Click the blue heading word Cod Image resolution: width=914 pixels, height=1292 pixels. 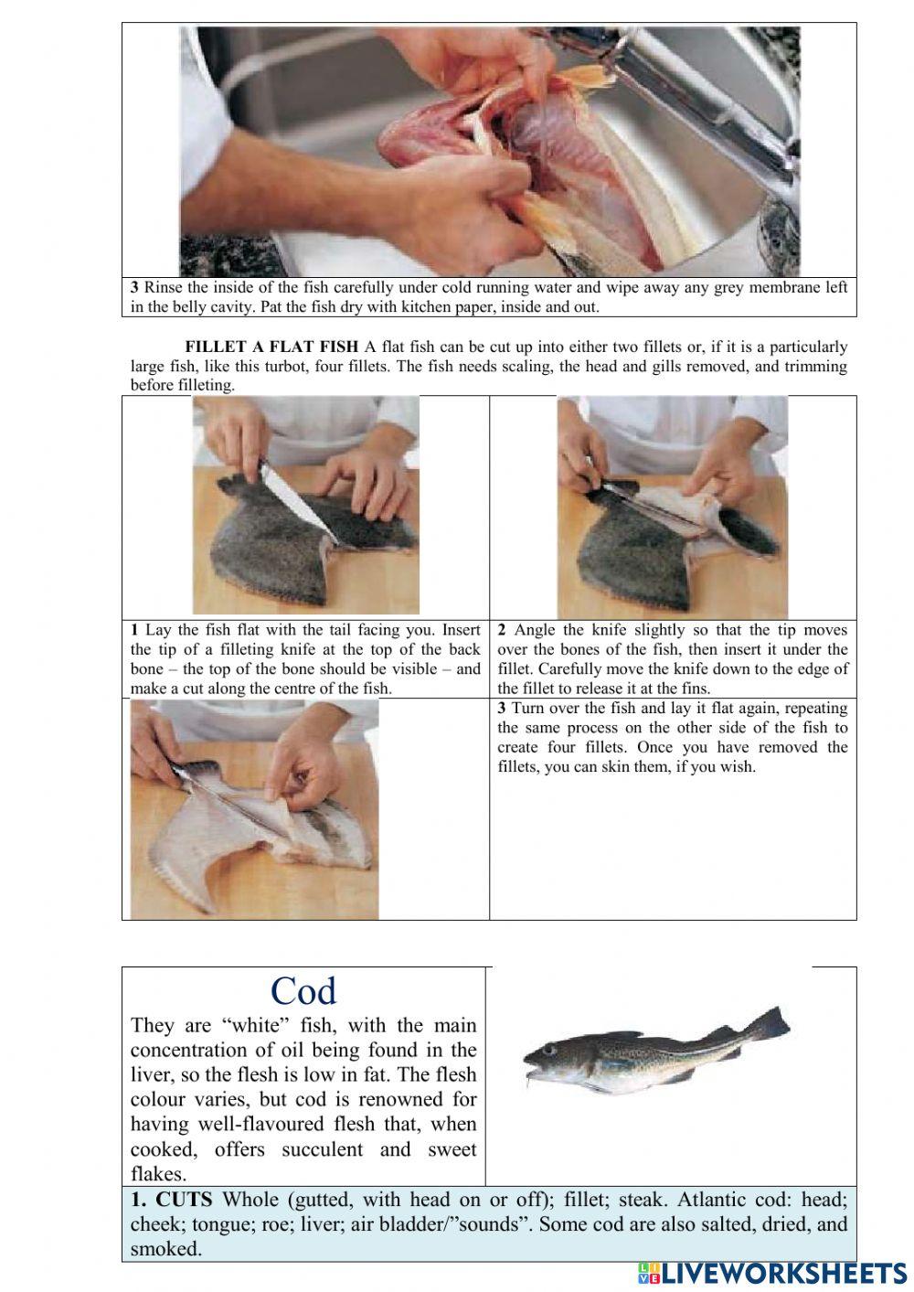click(x=303, y=992)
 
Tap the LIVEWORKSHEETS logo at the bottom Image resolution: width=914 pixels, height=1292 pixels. click(x=772, y=1274)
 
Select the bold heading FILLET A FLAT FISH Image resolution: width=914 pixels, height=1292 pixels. click(x=271, y=347)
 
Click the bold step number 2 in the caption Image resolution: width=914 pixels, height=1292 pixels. click(x=502, y=630)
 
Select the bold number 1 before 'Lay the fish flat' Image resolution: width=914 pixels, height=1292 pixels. click(x=134, y=630)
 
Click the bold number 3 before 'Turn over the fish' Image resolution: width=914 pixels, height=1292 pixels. click(x=502, y=709)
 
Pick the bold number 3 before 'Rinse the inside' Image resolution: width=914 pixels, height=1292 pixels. click(x=134, y=287)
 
